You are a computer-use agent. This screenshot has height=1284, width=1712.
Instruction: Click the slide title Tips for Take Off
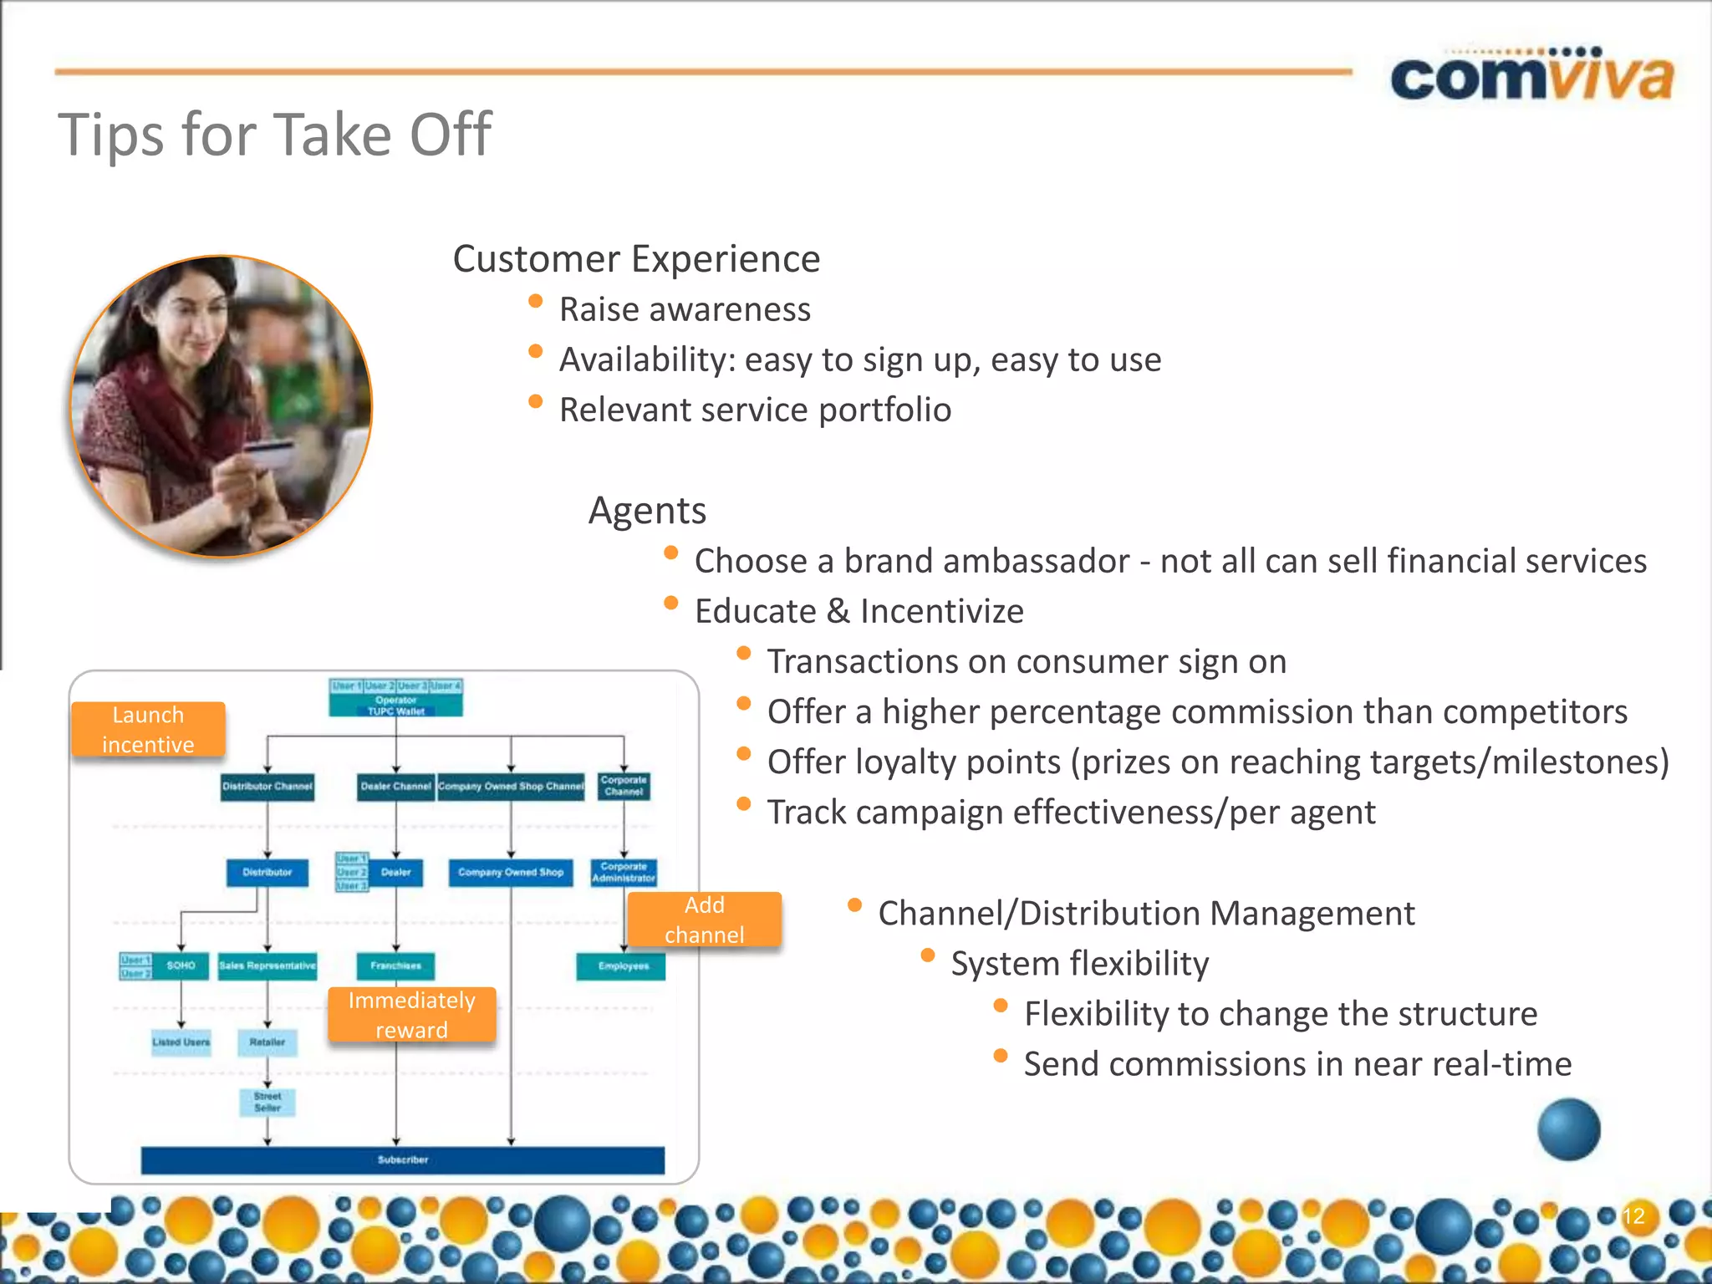[x=274, y=135]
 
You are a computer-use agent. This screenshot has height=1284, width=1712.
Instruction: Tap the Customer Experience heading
[x=636, y=259]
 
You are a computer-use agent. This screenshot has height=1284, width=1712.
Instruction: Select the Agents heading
[x=647, y=511]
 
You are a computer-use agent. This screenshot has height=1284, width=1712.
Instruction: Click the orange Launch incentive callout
[x=148, y=730]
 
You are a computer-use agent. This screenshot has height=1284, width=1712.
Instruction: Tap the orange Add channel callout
[x=704, y=920]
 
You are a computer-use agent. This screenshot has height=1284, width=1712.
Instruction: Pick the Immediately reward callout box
[x=411, y=1015]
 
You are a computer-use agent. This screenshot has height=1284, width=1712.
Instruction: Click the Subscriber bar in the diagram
[x=402, y=1159]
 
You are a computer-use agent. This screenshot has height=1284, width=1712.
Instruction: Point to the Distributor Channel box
[x=267, y=787]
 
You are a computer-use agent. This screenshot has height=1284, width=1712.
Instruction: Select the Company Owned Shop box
[x=511, y=872]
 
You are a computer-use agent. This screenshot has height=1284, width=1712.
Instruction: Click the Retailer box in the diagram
[x=267, y=1042]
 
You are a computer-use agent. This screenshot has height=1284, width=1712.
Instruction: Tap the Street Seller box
[x=267, y=1102]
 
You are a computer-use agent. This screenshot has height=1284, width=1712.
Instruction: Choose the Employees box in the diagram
[x=623, y=966]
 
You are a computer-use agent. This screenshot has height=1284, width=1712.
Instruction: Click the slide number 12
[x=1633, y=1215]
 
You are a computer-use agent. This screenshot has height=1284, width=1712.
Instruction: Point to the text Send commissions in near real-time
[x=1297, y=1064]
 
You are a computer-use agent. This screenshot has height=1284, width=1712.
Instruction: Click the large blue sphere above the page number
[x=1569, y=1129]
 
